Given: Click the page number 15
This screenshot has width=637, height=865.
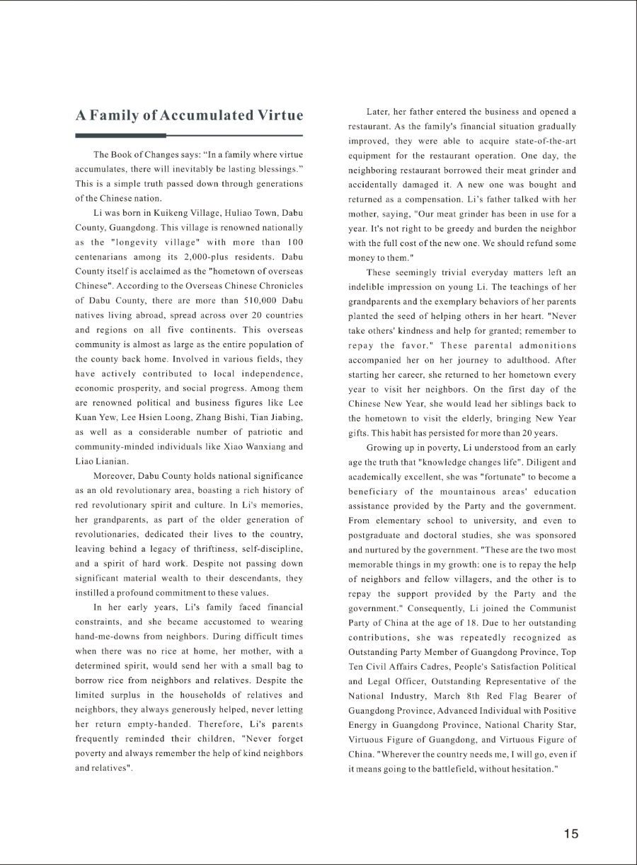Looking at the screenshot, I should pos(571,833).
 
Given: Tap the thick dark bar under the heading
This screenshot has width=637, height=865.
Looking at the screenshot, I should pos(120,135).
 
